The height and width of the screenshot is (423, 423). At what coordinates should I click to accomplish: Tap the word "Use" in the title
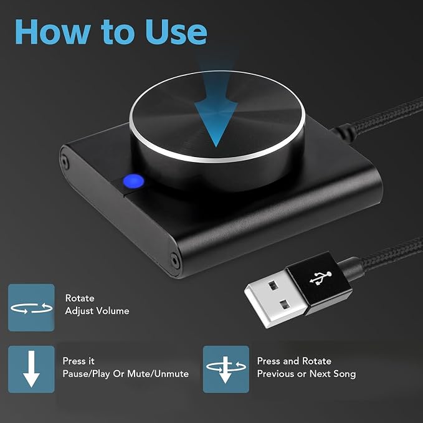[x=176, y=32]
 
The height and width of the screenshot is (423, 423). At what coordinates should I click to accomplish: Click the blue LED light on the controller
[x=133, y=181]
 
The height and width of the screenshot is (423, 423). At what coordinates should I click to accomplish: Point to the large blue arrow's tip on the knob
[x=216, y=146]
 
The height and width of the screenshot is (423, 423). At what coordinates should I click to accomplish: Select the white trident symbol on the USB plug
[x=321, y=278]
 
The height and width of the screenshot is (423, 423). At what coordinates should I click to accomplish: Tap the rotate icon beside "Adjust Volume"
[x=31, y=308]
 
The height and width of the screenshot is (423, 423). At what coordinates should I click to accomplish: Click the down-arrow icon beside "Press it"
[x=31, y=369]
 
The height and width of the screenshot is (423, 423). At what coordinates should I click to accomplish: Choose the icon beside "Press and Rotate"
[x=226, y=369]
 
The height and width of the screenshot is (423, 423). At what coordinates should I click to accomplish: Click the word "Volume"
[x=113, y=311]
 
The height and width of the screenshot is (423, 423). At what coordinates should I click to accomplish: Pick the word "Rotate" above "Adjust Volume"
[x=80, y=298]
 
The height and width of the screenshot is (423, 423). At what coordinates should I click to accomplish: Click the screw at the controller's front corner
[x=175, y=260]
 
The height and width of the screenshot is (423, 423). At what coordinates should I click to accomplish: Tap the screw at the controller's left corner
[x=64, y=161]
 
